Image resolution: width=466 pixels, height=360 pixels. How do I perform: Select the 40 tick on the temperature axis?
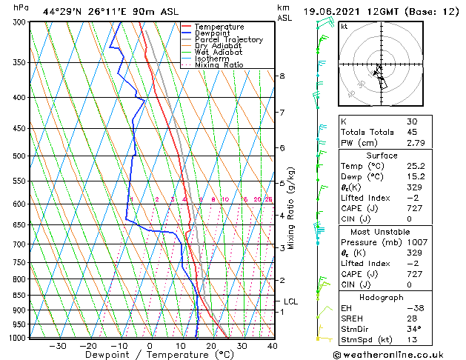click(x=273, y=345)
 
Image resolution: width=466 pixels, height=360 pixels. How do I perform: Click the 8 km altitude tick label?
click(x=282, y=76)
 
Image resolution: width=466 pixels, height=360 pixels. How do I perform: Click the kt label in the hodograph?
click(x=344, y=27)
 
